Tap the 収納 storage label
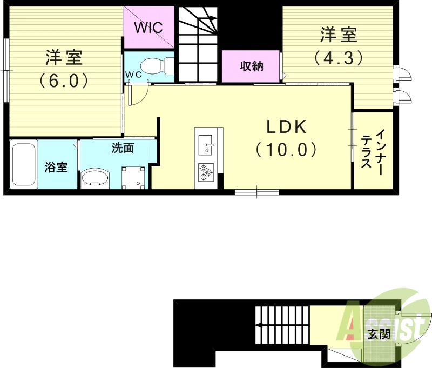tap(251, 66)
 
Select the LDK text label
tap(286, 127)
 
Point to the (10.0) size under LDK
tap(286, 150)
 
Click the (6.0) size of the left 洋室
tap(63, 81)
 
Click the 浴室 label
tap(56, 167)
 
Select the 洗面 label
tap(123, 148)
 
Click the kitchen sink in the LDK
tap(206, 144)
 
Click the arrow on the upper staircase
tap(212, 19)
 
